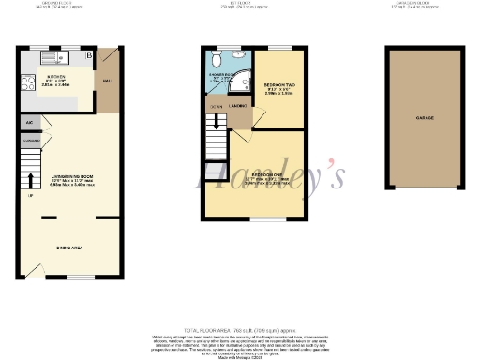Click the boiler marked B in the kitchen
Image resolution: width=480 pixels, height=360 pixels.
coord(89,57)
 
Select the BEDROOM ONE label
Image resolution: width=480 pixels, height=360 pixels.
coord(269,174)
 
